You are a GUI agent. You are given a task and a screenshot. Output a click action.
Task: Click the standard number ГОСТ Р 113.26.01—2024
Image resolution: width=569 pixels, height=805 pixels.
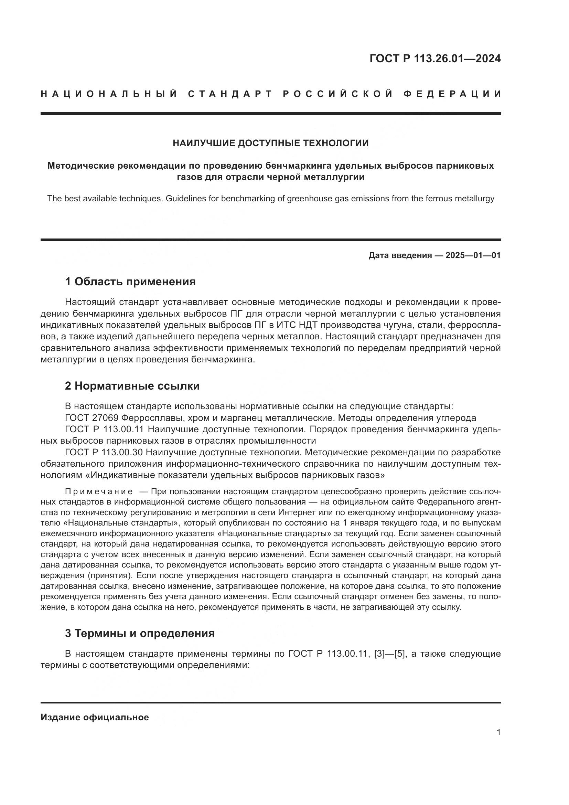(435, 59)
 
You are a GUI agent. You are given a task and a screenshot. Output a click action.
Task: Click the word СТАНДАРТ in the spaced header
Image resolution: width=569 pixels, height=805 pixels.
(230, 94)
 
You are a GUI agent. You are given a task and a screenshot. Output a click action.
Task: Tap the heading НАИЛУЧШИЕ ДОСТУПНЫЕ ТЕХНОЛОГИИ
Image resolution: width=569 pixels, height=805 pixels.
(270, 143)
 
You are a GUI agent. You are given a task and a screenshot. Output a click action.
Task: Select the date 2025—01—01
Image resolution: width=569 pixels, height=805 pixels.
(473, 255)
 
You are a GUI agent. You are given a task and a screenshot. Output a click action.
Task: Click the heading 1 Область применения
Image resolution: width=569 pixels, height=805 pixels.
(130, 282)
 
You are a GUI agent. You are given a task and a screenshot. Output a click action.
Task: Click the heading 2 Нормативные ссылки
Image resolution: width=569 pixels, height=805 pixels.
(132, 386)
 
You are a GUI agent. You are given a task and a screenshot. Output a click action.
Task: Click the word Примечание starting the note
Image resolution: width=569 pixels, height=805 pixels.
(99, 491)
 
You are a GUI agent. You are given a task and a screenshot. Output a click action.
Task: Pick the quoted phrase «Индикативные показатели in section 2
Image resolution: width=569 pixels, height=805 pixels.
(149, 475)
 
